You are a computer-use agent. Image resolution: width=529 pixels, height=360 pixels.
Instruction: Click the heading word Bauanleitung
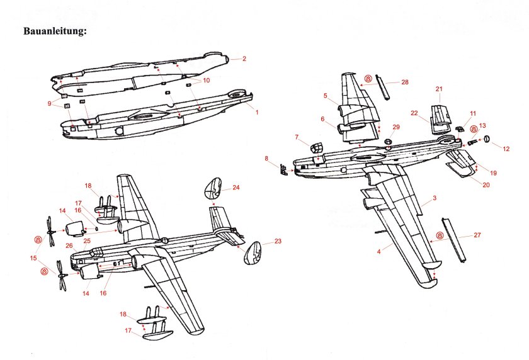55,31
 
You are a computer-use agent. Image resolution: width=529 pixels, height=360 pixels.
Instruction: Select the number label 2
244,59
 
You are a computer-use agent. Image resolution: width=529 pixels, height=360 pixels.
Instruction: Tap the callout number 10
206,81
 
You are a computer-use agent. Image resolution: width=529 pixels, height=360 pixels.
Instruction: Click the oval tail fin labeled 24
217,189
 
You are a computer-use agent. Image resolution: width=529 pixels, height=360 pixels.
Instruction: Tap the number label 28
404,82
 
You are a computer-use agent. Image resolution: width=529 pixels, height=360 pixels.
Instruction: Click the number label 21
440,89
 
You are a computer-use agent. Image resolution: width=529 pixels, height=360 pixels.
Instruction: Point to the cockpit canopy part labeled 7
316,149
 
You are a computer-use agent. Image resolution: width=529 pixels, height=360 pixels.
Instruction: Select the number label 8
266,158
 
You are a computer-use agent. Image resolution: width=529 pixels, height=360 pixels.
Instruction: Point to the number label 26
69,245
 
